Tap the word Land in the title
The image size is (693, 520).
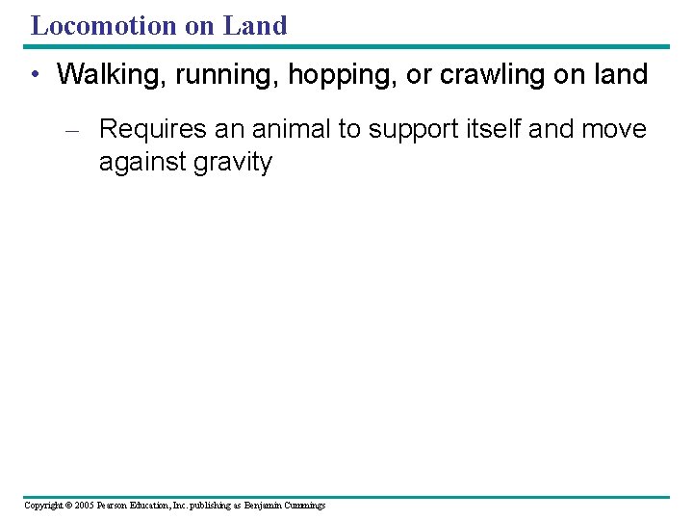[255, 26]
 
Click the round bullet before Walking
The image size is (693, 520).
[35, 75]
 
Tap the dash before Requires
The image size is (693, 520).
[79, 130]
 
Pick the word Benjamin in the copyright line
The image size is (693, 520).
[264, 505]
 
